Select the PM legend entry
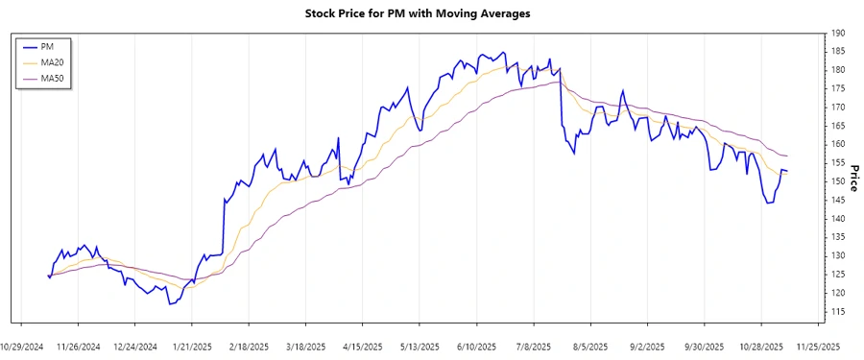pyautogui.click(x=47, y=46)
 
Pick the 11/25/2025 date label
pyautogui.click(x=818, y=347)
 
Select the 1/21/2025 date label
pyautogui.click(x=192, y=347)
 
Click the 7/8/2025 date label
pyautogui.click(x=534, y=347)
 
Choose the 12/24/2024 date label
pyautogui.click(x=135, y=347)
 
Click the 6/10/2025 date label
pyautogui.click(x=476, y=347)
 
